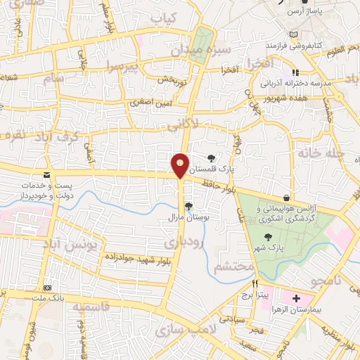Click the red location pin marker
[181, 166]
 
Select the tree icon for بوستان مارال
[188, 205]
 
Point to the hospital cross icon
[296, 297]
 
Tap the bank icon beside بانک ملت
[48, 288]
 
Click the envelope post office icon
[47, 175]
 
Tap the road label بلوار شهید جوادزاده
[139, 258]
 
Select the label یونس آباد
[73, 244]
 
